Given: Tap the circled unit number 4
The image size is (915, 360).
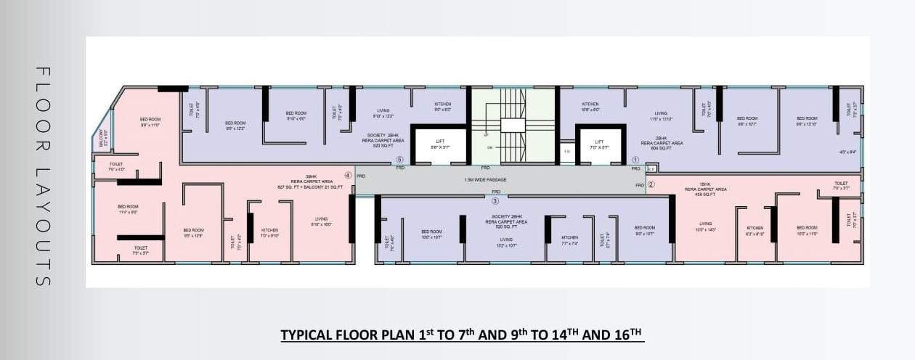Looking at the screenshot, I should (348, 175).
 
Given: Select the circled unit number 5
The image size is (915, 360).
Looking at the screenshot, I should (399, 160).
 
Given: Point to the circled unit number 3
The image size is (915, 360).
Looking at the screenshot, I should (495, 201).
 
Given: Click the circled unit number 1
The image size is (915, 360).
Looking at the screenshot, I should (635, 160).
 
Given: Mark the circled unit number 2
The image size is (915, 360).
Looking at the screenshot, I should (651, 184).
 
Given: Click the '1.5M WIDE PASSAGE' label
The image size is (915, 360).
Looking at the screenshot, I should (485, 179).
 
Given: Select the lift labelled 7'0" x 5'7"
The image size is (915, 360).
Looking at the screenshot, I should (599, 145).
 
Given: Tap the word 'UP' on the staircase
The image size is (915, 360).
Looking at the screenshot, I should (486, 135).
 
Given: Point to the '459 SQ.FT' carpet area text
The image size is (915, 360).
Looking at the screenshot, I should (705, 195).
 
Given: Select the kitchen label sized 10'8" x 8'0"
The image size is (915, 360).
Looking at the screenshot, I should (590, 107).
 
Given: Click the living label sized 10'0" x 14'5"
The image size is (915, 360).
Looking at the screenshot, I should (705, 226).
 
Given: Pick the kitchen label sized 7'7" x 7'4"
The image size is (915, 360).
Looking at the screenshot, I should (569, 240).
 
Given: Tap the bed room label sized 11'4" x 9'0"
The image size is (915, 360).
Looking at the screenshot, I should (128, 210).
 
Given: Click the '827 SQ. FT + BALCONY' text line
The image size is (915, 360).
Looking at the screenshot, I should (309, 187).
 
